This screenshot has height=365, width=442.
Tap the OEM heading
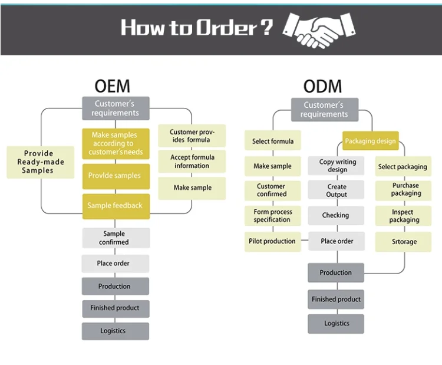pyautogui.click(x=112, y=86)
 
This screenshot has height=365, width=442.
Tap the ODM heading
pyautogui.click(x=322, y=87)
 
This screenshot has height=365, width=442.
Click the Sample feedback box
pyautogui.click(x=116, y=206)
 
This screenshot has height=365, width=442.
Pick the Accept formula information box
pyautogui.click(x=192, y=162)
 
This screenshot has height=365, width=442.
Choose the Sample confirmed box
pyautogui.click(x=116, y=238)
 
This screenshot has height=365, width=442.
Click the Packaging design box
pyautogui.click(x=371, y=142)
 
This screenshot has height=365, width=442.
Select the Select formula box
pyautogui.click(x=273, y=142)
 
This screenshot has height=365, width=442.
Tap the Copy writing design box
pyautogui.click(x=338, y=166)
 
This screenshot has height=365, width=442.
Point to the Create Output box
pyautogui.click(x=337, y=190)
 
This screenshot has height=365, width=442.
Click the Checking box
pyautogui.click(x=335, y=215)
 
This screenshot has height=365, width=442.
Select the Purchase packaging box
pyautogui.click(x=405, y=190)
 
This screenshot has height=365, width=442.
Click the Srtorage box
pyautogui.click(x=404, y=242)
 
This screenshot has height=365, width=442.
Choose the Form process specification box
pyautogui.click(x=272, y=216)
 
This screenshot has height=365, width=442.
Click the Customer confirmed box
pyautogui.click(x=272, y=190)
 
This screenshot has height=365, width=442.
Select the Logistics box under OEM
pyautogui.click(x=115, y=331)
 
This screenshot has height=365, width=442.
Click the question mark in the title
pyautogui.click(x=268, y=27)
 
